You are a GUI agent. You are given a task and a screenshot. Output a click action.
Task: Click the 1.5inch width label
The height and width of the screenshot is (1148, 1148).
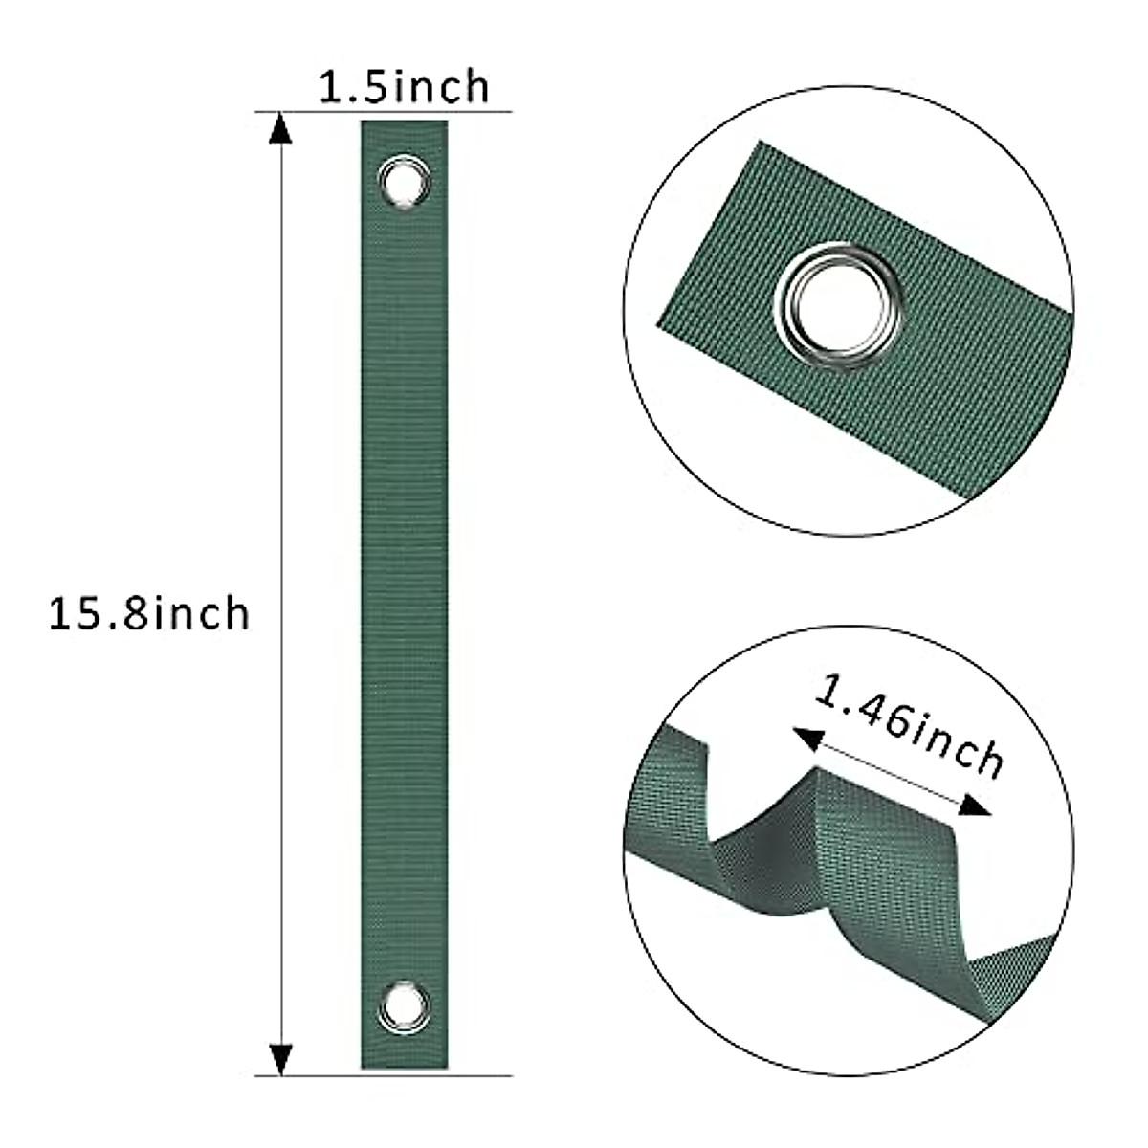[x=403, y=86]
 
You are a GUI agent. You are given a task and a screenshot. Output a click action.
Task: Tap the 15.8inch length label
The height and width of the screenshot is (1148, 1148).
[x=149, y=613]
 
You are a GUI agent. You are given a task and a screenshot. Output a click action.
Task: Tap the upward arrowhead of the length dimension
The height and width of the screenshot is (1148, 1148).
[x=278, y=128]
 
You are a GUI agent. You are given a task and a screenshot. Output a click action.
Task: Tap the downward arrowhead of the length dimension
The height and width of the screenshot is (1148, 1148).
[x=278, y=1057]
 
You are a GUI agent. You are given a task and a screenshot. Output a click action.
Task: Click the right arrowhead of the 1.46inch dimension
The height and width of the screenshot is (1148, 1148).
[x=973, y=808]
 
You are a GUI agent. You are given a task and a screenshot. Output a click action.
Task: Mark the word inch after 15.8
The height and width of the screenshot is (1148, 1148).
[x=201, y=612]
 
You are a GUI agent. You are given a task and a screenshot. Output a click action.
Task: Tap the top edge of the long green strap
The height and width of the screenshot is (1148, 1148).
[x=404, y=122]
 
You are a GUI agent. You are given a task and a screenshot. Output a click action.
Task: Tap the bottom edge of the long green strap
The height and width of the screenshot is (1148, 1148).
[x=404, y=1067]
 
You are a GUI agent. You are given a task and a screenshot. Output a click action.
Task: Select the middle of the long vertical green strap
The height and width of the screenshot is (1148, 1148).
[x=404, y=593]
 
